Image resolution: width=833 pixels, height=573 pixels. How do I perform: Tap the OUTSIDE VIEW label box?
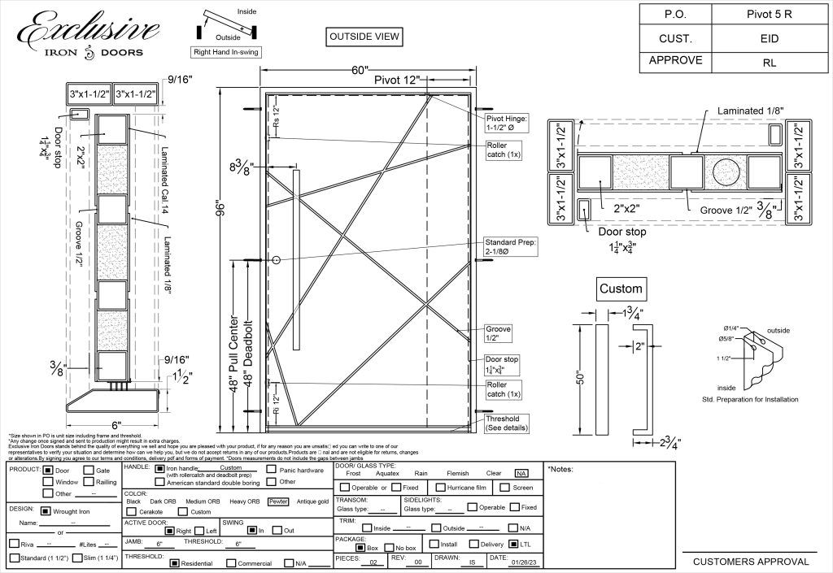pyautogui.click(x=364, y=37)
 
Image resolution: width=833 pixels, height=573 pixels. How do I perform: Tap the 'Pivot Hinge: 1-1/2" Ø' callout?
pyautogui.click(x=507, y=124)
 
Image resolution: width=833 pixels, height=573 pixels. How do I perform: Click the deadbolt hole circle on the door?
pyautogui.click(x=277, y=260)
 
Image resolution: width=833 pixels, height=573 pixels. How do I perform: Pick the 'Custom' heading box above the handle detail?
pyautogui.click(x=621, y=289)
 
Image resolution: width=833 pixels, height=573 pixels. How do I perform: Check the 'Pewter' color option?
pyautogui.click(x=279, y=501)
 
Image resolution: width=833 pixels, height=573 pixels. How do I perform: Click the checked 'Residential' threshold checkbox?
pyautogui.click(x=174, y=563)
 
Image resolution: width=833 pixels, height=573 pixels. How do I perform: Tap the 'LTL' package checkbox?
pyautogui.click(x=513, y=544)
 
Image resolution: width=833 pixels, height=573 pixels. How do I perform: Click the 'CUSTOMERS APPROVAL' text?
pyautogui.click(x=751, y=562)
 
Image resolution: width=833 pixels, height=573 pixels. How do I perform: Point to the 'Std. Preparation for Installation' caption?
pyautogui.click(x=749, y=400)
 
